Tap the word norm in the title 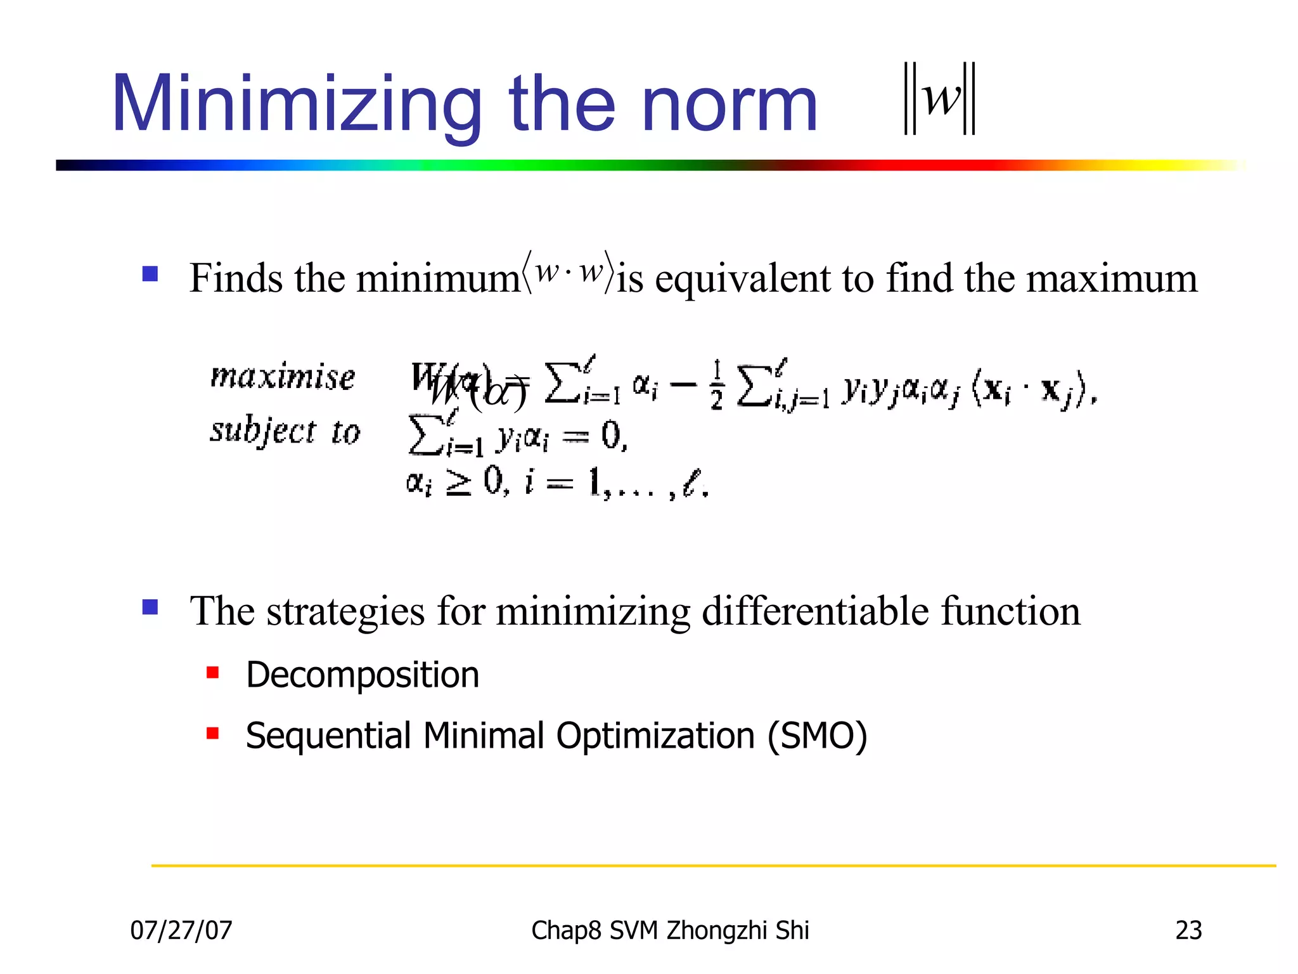[x=729, y=105]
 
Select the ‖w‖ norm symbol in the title [x=939, y=99]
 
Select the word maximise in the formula [x=283, y=377]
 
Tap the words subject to [x=285, y=432]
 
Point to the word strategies [x=345, y=611]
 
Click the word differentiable [x=815, y=611]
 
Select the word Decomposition [x=363, y=675]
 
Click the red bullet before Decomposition [x=213, y=672]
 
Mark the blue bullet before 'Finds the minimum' [x=150, y=274]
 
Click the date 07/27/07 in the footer [x=181, y=931]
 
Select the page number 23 [x=1188, y=931]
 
